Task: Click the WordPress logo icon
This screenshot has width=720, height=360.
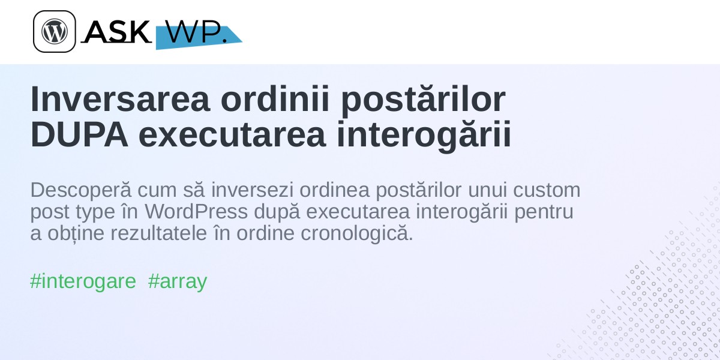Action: (55, 31)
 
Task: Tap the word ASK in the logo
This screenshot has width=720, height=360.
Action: (118, 31)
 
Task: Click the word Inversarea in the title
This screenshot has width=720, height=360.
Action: (120, 100)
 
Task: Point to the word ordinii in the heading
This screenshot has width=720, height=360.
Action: (275, 100)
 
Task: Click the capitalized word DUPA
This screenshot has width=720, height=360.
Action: (79, 134)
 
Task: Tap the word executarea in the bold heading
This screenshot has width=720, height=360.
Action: (232, 135)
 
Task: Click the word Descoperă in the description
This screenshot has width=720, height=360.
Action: (81, 191)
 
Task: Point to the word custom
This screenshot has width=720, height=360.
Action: (547, 190)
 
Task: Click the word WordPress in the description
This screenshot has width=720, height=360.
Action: (196, 211)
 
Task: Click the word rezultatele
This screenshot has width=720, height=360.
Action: (158, 233)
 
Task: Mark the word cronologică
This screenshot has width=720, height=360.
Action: (357, 233)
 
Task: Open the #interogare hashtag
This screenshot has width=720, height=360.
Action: (83, 282)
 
